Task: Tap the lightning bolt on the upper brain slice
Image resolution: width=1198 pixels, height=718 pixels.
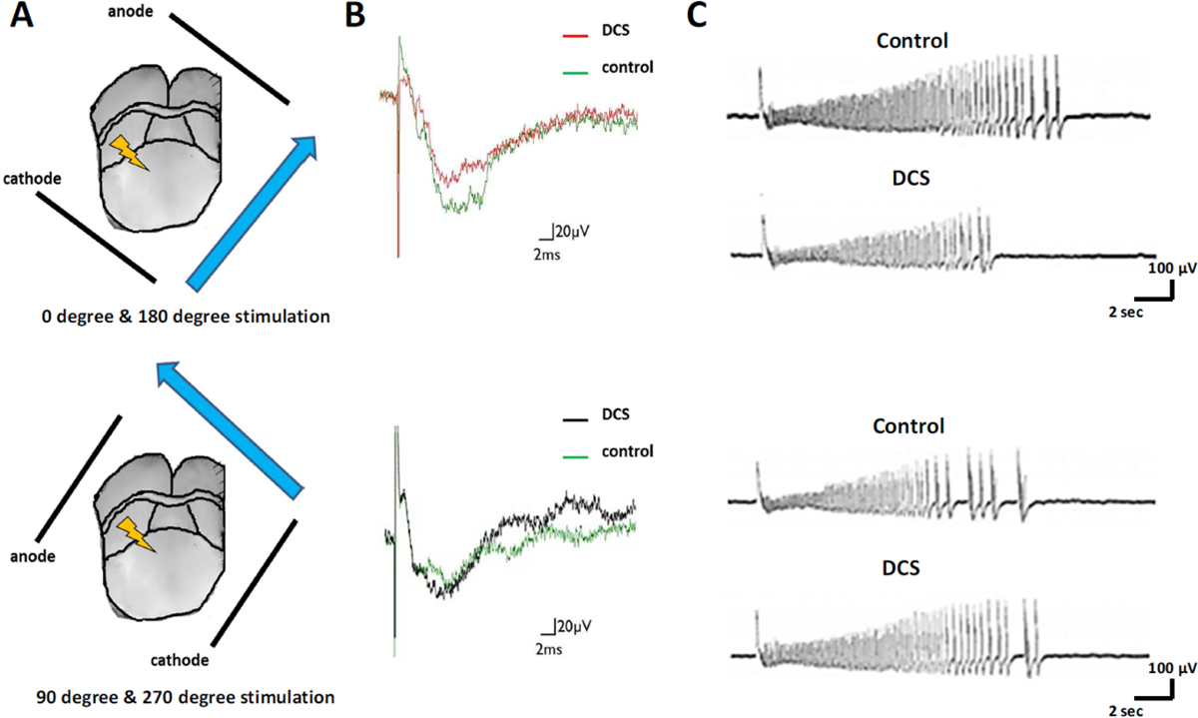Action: [x=129, y=152]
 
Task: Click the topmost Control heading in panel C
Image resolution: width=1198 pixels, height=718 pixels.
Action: [x=912, y=42]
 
